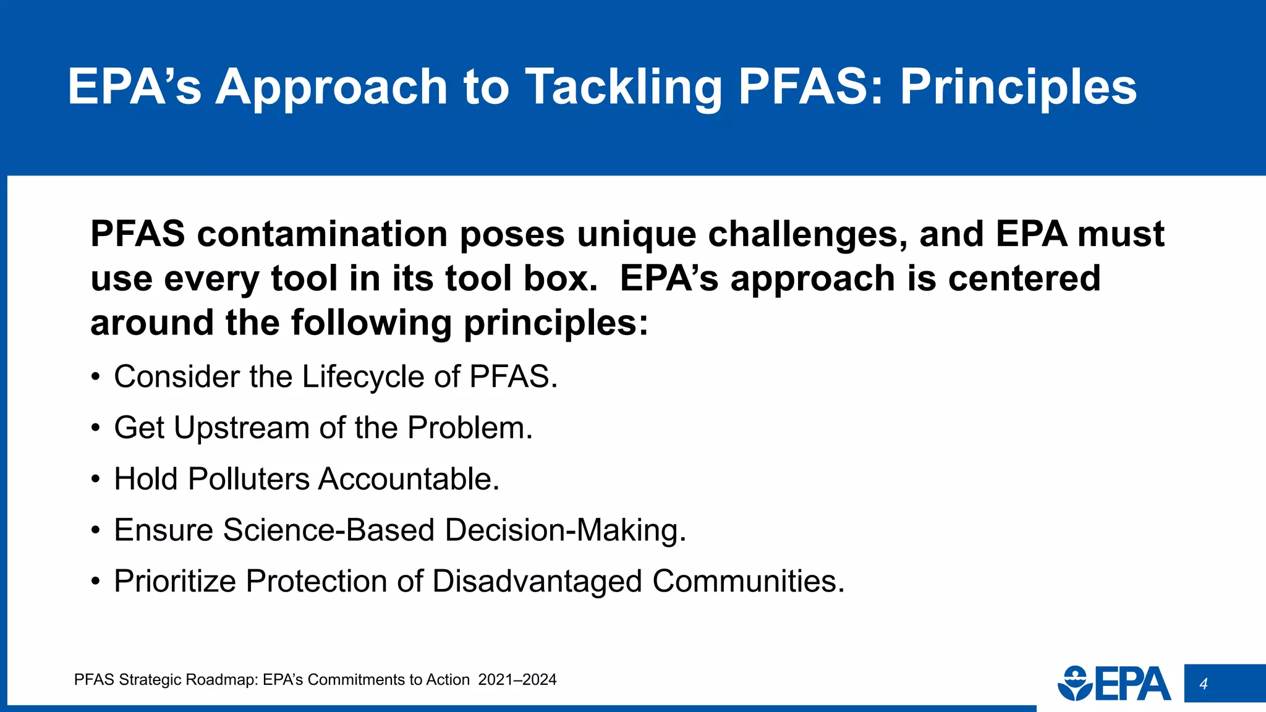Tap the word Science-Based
[x=329, y=530]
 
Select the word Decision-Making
[x=565, y=530]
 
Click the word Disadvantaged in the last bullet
[x=537, y=582]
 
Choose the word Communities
[x=748, y=582]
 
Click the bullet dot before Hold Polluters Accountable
[x=95, y=480]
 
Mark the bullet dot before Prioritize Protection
[x=95, y=582]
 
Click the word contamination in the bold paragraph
[x=322, y=234]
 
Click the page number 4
[x=1203, y=684]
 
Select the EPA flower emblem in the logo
[x=1076, y=684]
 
